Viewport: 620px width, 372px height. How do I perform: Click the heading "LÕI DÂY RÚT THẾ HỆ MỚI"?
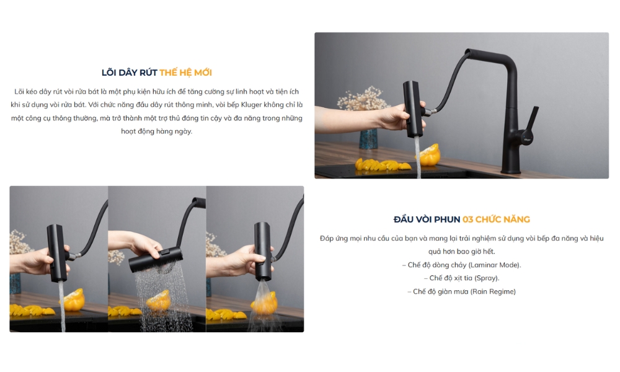[157, 73]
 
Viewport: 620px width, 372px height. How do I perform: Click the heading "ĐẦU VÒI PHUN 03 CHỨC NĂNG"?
[461, 219]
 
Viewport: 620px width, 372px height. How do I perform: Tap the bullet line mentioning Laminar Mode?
[461, 265]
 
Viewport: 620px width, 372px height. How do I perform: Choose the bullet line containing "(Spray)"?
[461, 278]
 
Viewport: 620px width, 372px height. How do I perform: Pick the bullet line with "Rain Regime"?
[461, 291]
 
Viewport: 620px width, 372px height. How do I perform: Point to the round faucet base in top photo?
[511, 170]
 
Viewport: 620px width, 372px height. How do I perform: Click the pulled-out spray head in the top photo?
[413, 108]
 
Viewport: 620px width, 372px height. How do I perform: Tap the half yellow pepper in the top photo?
[430, 155]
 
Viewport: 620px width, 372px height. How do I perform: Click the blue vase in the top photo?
[368, 139]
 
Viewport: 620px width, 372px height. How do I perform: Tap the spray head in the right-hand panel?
[262, 251]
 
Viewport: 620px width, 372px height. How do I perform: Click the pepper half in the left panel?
[74, 299]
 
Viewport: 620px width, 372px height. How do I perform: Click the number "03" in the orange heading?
[467, 219]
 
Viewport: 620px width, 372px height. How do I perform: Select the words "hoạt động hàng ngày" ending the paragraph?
[157, 131]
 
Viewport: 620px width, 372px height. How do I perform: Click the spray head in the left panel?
[57, 253]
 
